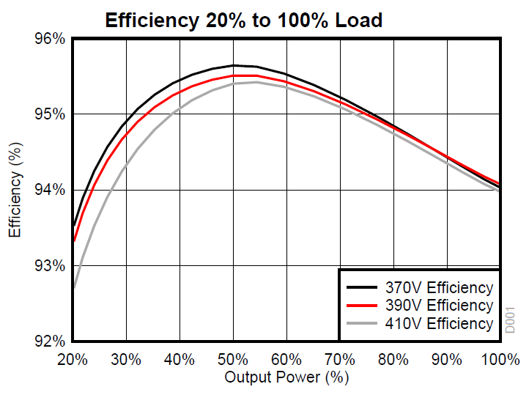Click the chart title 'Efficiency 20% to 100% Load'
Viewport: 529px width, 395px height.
pos(243,20)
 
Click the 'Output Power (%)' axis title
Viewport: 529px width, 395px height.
pos(286,377)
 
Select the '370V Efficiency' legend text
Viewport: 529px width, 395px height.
pos(440,287)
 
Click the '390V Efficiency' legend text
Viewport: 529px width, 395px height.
pos(440,305)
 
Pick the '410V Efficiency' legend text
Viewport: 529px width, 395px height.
pos(440,323)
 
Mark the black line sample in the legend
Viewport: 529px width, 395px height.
pos(362,287)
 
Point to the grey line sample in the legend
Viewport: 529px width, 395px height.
pos(362,323)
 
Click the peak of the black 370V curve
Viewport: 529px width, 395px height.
pos(234,65)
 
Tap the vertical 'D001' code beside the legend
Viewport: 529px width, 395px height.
pos(511,321)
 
